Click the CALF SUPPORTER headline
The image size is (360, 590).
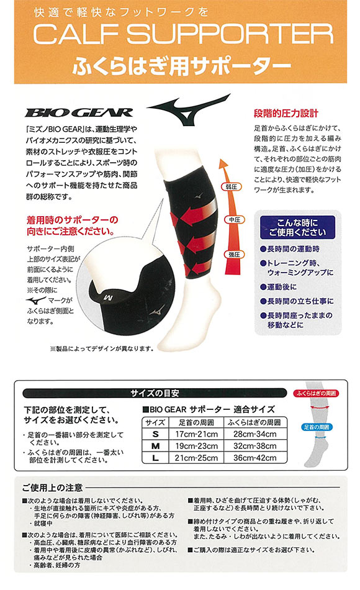coord(180,36)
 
